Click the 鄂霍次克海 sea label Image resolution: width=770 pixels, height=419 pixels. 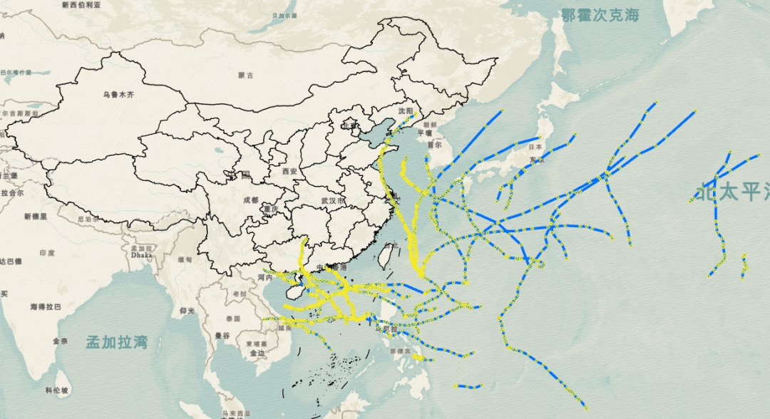click(600, 15)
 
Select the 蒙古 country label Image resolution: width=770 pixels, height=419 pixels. click(246, 75)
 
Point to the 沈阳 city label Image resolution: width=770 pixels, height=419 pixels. click(406, 111)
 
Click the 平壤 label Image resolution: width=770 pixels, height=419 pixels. click(425, 133)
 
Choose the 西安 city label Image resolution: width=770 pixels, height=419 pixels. click(289, 171)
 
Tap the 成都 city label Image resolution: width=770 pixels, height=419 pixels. click(250, 200)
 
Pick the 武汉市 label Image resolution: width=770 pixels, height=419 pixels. click(333, 202)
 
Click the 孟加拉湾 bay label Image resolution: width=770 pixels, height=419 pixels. click(116, 342)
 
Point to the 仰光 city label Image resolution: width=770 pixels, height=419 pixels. click(187, 311)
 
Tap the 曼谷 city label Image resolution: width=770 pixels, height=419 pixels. click(222, 335)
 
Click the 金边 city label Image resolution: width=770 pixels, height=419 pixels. click(257, 353)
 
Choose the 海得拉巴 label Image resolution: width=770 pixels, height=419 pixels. click(46, 306)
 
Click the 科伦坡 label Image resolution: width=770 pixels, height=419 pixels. click(56, 390)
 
